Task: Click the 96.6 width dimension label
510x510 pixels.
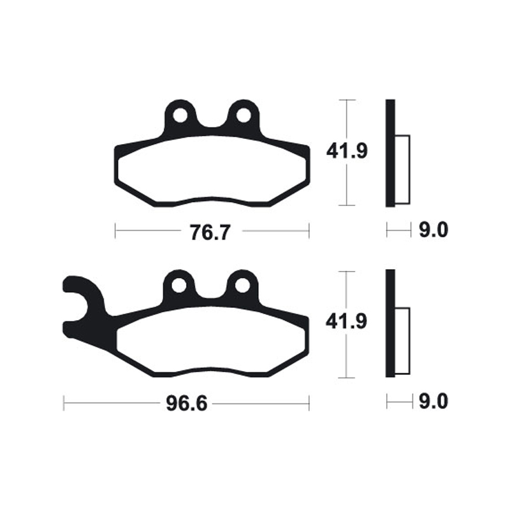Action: point(186,403)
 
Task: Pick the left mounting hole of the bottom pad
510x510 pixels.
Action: point(179,285)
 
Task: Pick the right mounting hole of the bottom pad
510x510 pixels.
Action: point(242,285)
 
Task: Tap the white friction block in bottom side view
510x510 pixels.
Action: point(402,340)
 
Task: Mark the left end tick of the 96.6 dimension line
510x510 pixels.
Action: point(64,403)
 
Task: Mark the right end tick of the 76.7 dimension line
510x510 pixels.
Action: point(309,231)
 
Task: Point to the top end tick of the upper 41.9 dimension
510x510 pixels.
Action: point(346,101)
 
